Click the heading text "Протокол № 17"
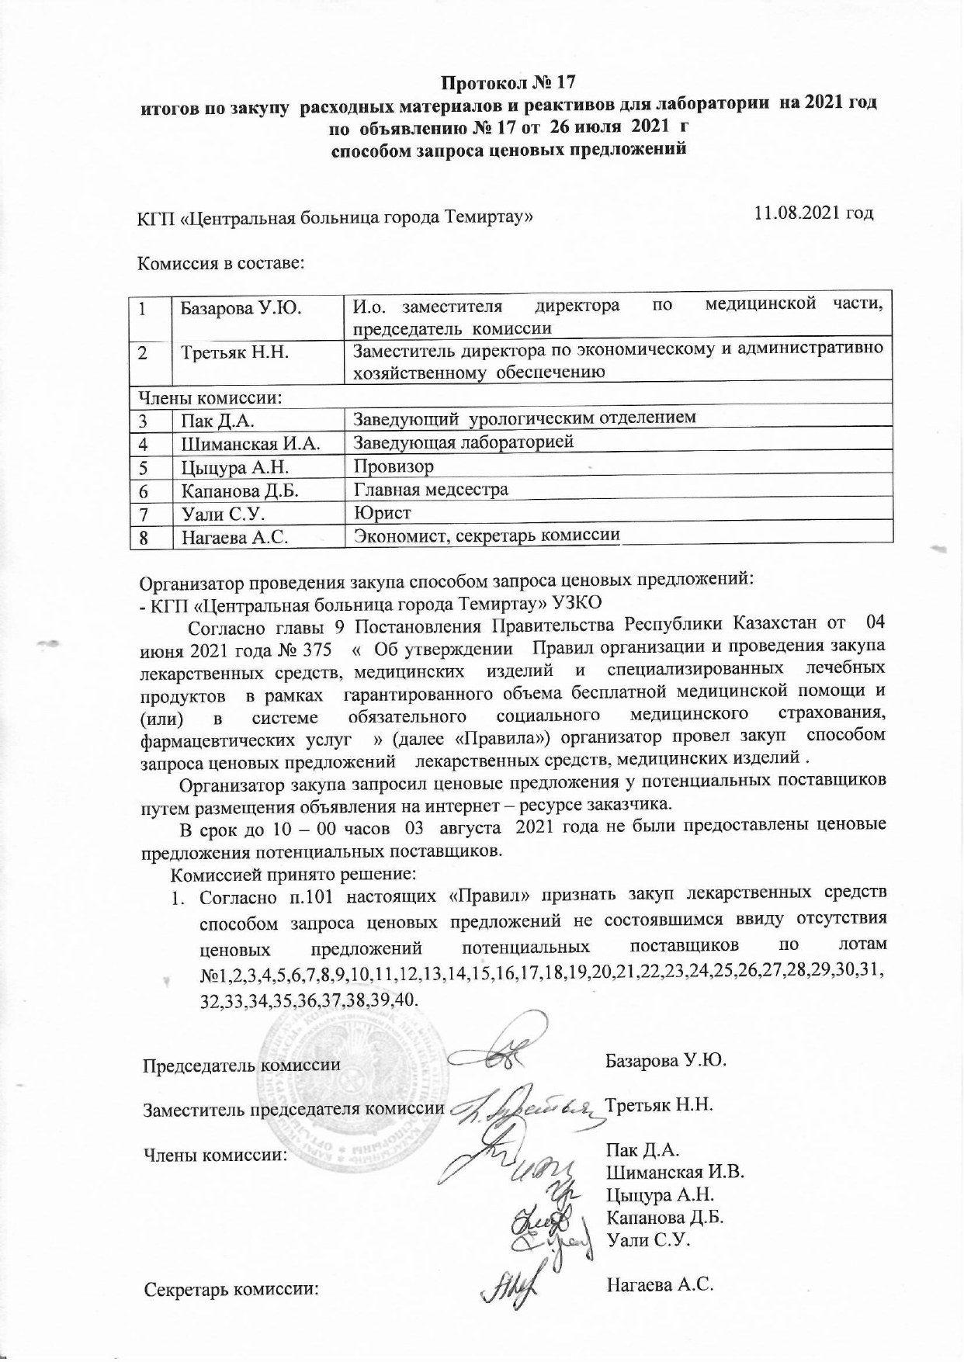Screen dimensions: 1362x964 coord(509,81)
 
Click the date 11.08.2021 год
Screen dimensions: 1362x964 coord(814,213)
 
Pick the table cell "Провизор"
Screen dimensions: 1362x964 coord(394,466)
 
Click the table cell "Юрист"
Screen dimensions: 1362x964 coord(382,513)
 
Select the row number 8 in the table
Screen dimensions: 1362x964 coord(144,538)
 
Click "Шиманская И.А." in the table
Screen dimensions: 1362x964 coord(250,443)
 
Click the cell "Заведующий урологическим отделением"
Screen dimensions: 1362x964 coord(525,419)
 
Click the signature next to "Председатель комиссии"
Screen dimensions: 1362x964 coord(505,1055)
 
